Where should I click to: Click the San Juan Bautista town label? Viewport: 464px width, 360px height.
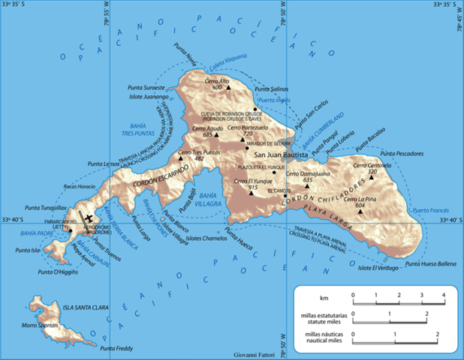281,155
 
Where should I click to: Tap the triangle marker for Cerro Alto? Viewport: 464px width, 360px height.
229,88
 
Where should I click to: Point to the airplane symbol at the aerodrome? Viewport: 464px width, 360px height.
91,218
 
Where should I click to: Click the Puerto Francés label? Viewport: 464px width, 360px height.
432,211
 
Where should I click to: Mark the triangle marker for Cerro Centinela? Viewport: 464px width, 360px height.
391,178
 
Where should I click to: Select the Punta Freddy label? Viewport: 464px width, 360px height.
116,348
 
